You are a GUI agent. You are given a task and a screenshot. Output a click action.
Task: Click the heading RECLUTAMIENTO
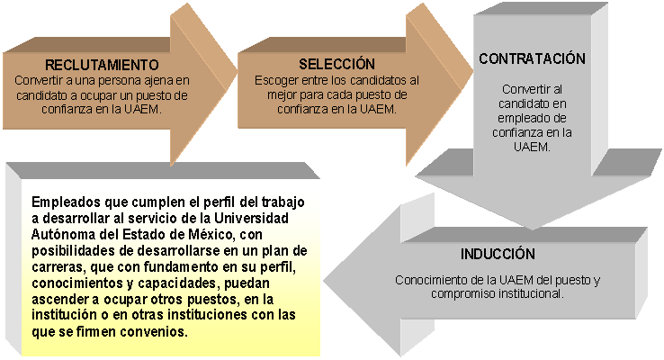tap(102, 65)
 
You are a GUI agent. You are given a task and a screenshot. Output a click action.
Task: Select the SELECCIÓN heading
tap(336, 64)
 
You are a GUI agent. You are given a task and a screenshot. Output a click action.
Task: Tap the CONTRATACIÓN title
tap(532, 58)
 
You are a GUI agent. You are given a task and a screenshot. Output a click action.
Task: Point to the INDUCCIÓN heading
tap(498, 254)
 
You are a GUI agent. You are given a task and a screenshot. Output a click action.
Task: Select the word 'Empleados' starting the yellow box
tap(66, 202)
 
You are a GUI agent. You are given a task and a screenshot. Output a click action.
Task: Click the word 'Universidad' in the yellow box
tap(251, 218)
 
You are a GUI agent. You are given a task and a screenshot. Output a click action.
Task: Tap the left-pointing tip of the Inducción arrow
tap(325, 281)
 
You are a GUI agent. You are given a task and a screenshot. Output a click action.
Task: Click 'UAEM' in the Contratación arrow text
tap(531, 147)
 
